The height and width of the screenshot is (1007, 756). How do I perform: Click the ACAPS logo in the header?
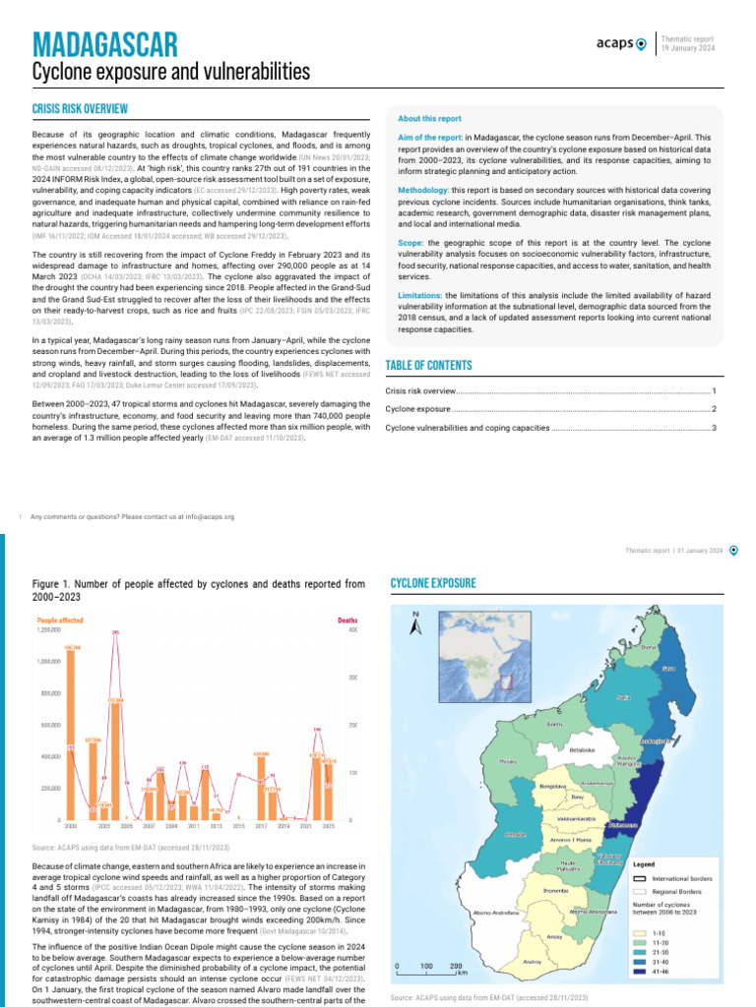(621, 43)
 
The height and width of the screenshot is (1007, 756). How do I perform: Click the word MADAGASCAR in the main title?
(104, 43)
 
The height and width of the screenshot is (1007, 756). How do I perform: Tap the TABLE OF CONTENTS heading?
(428, 366)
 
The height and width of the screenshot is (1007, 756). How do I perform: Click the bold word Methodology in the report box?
(427, 188)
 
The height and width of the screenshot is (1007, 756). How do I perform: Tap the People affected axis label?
(59, 621)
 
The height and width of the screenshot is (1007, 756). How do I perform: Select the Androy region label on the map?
(532, 961)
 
